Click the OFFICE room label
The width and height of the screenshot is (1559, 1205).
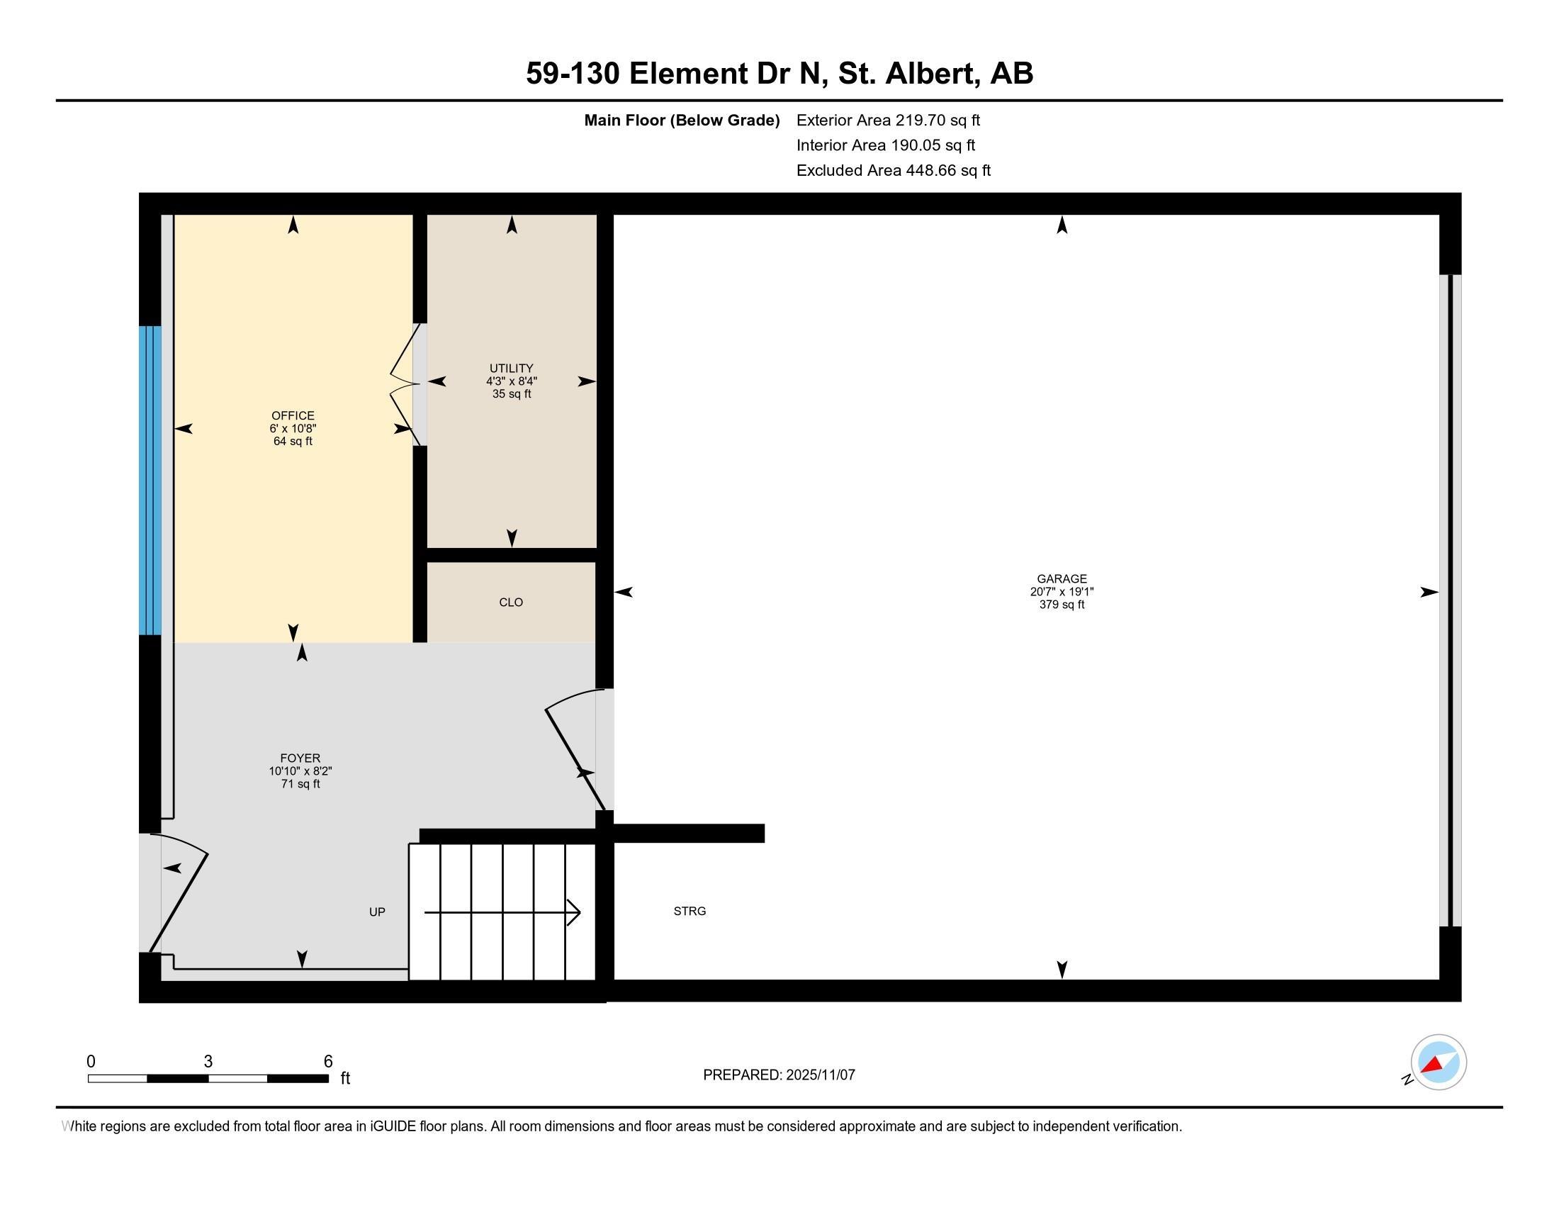(x=293, y=415)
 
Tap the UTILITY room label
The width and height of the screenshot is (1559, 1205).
(x=511, y=369)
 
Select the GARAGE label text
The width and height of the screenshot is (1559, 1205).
(x=1062, y=579)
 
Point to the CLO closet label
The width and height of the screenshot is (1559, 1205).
(x=511, y=602)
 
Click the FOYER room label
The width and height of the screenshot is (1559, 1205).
(x=300, y=758)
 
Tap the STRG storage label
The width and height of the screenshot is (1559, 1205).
(x=690, y=911)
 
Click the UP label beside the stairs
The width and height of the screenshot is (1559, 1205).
(x=377, y=912)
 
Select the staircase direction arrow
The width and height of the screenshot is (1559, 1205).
(x=502, y=912)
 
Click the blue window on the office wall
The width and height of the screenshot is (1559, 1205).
(x=150, y=481)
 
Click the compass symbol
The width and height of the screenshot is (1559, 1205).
(x=1438, y=1062)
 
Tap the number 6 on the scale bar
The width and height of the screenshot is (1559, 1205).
(x=328, y=1062)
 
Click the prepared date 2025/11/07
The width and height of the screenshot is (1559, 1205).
(x=819, y=1075)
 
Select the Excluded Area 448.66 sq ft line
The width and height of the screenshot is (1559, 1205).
(x=893, y=171)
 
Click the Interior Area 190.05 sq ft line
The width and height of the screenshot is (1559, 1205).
(x=885, y=145)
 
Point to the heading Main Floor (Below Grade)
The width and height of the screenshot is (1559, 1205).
(x=682, y=120)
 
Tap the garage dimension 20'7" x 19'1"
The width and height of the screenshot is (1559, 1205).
(x=1062, y=592)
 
